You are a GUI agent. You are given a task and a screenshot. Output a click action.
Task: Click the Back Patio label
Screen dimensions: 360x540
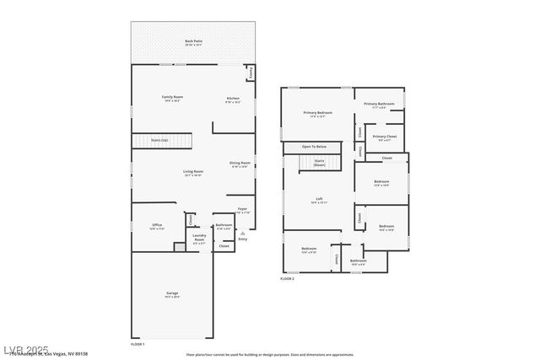pos(194,42)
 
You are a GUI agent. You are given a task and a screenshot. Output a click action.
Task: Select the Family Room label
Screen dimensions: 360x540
pos(173,99)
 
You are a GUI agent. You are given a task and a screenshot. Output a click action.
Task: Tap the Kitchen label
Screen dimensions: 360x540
pos(233,99)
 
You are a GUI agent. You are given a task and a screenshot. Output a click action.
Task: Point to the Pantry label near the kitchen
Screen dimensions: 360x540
pos(251,73)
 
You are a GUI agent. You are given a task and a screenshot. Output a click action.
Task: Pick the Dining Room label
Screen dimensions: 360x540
pos(240,164)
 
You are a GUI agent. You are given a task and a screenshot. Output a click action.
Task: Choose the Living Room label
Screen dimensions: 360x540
pos(193,173)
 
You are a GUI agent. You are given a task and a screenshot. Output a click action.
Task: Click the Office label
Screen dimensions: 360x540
pos(157,226)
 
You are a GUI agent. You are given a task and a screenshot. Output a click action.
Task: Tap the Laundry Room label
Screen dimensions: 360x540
pos(199,238)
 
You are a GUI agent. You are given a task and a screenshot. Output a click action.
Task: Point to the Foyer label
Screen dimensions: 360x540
pos(242,210)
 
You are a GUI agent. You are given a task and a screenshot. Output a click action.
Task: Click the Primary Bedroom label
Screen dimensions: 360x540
pos(318,114)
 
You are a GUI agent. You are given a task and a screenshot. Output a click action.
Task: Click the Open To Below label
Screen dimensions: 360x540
pos(314,147)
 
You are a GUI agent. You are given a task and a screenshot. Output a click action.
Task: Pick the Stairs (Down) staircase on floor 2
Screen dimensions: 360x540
pos(320,162)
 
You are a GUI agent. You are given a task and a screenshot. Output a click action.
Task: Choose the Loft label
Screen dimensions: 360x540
pos(318,201)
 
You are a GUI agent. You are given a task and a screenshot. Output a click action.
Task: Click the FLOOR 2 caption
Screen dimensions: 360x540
pos(288,278)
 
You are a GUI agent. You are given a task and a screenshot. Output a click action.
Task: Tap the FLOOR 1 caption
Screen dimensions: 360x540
pos(138,344)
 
